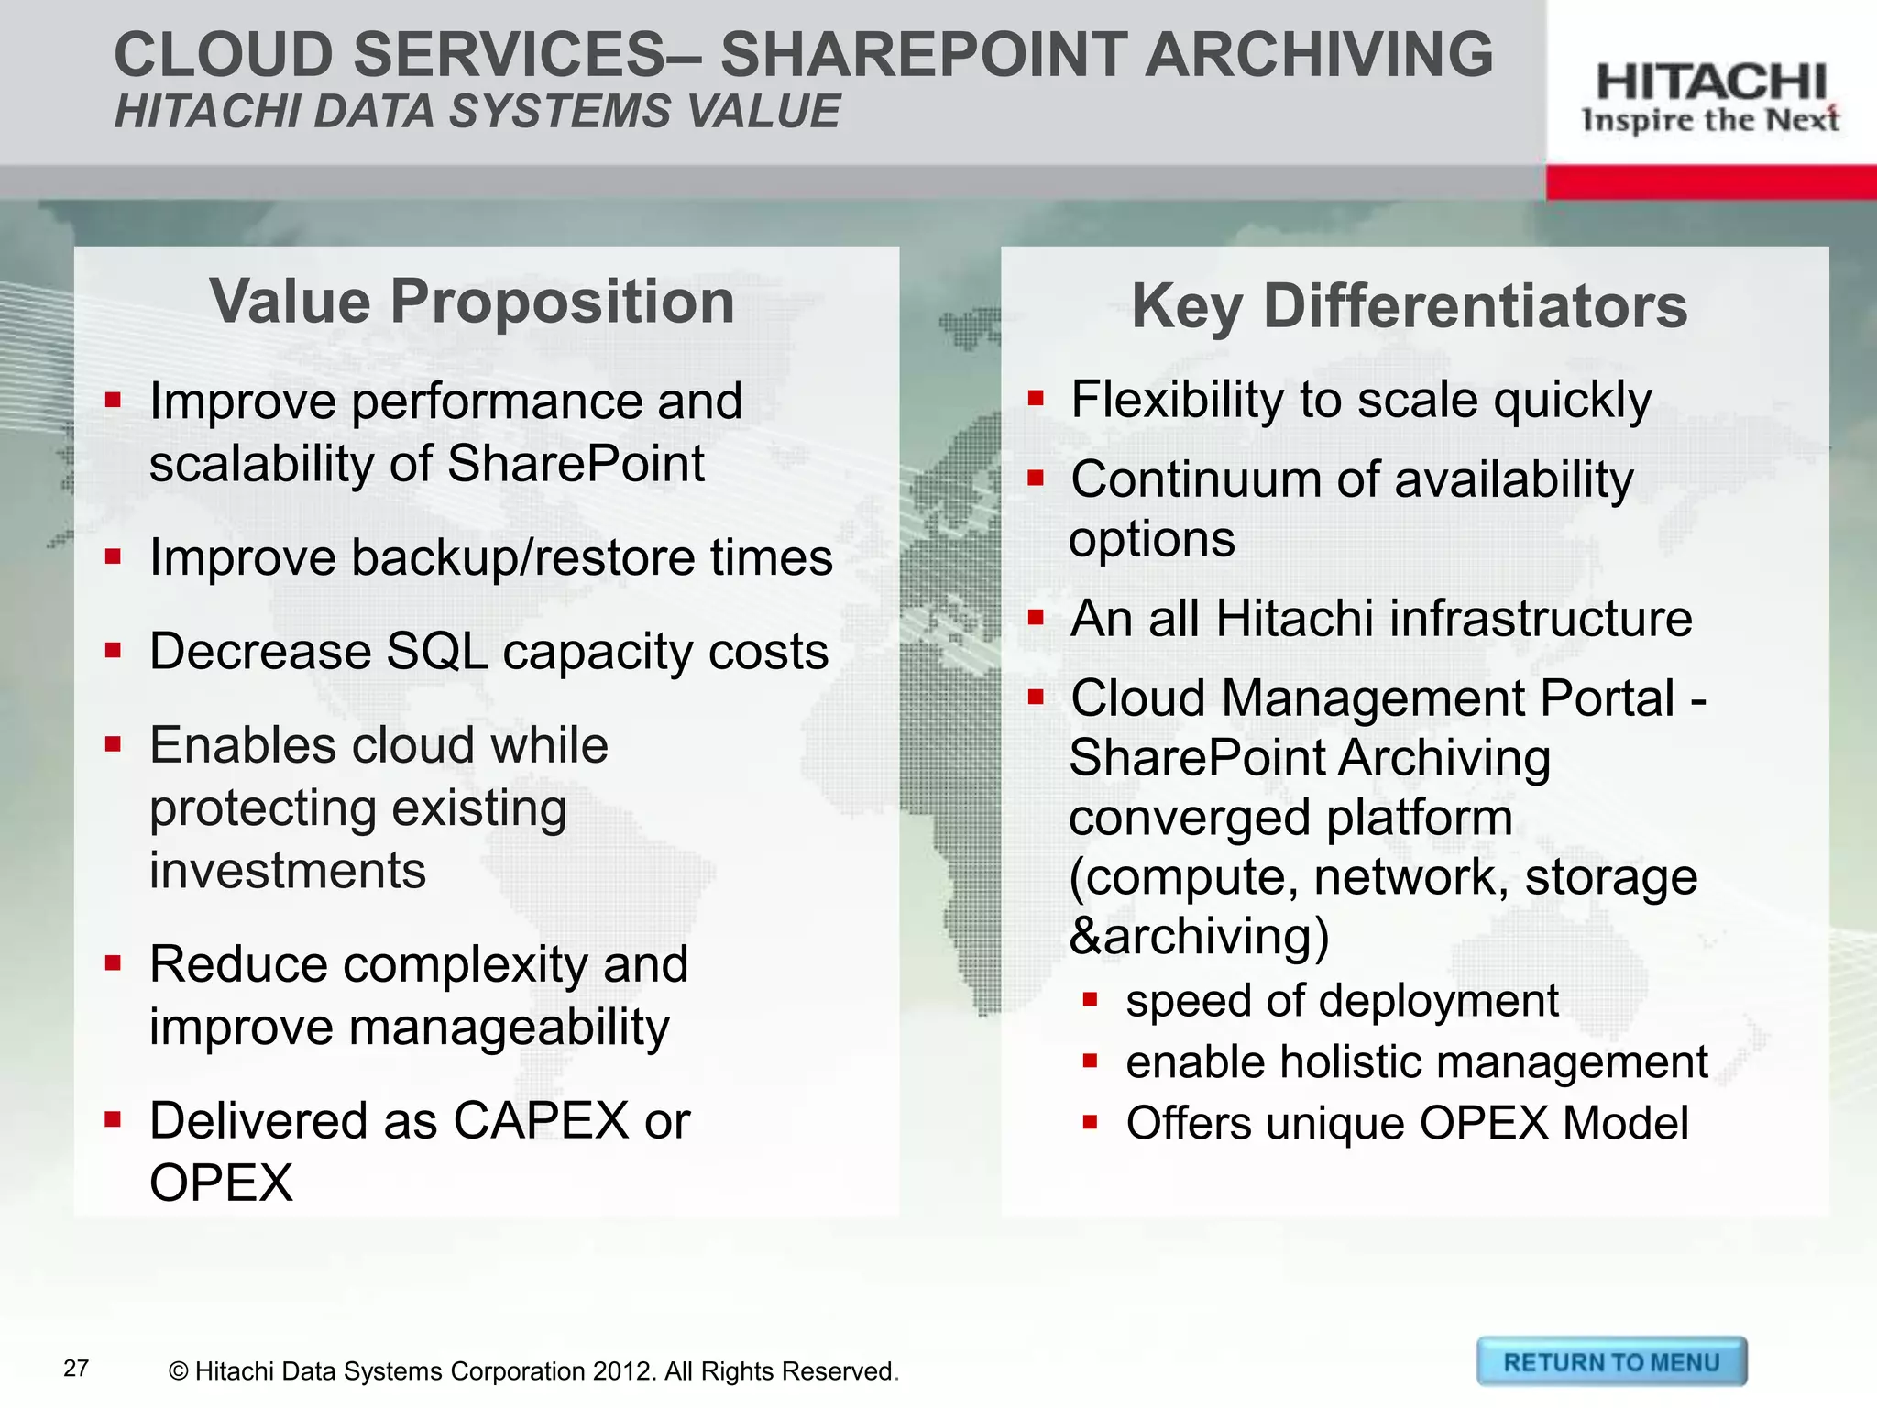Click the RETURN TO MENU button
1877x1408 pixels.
[x=1611, y=1362]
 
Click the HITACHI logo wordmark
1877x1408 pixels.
[x=1710, y=82]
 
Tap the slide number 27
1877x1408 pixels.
[x=76, y=1369]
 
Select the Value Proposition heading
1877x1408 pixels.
[x=472, y=302]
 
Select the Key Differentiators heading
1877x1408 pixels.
[x=1409, y=306]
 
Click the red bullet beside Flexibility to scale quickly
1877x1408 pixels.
[x=1036, y=399]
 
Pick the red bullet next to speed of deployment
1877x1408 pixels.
[x=1090, y=999]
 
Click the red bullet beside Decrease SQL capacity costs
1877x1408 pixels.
[x=114, y=652]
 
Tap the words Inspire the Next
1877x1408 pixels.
[x=1710, y=120]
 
